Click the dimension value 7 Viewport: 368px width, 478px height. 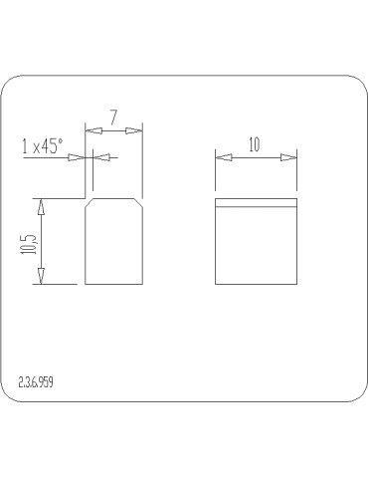pos(113,118)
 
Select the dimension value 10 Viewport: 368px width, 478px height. pos(255,144)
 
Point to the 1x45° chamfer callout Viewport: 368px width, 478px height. pos(42,146)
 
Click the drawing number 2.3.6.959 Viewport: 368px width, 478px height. pos(36,382)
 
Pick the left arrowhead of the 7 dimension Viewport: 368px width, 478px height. pos(93,131)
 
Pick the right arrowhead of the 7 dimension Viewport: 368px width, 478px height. pos(134,130)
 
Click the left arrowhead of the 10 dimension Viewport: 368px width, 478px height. pos(224,157)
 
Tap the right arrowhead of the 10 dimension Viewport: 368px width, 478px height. pos(288,157)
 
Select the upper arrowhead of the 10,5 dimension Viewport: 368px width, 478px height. pos(41,206)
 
